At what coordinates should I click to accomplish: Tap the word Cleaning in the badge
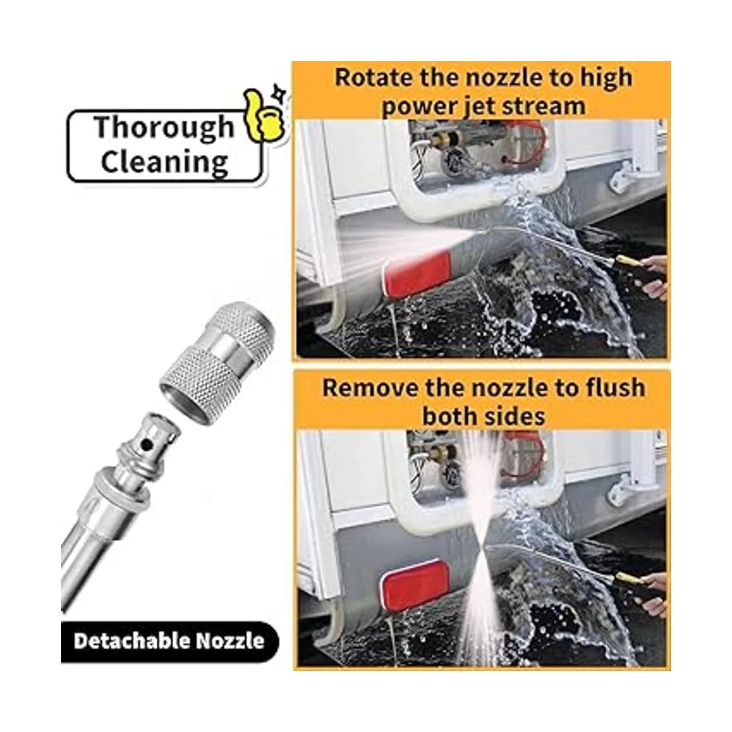click(164, 162)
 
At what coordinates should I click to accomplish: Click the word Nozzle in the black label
click(230, 641)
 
